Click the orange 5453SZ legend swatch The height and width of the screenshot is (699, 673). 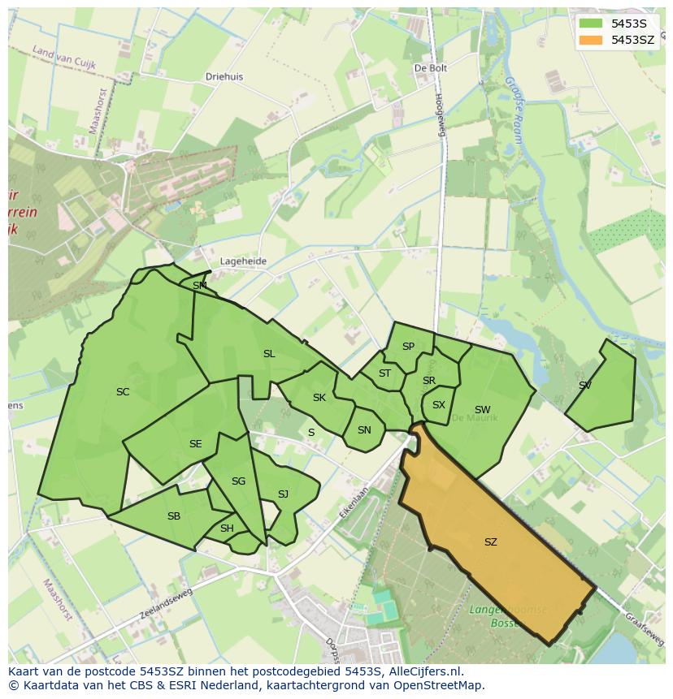point(592,39)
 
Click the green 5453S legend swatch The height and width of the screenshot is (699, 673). point(592,24)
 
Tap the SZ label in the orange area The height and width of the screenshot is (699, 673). point(490,542)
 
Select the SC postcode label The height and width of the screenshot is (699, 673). point(123,392)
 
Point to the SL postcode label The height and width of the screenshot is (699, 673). point(269,354)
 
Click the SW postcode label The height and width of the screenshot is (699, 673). point(483,410)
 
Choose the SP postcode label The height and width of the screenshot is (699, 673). point(408,347)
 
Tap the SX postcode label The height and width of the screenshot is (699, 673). point(439,405)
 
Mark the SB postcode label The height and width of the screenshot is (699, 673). point(174,516)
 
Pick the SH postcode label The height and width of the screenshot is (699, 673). point(227,529)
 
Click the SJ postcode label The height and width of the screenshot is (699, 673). point(283,494)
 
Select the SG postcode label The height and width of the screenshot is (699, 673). point(238,481)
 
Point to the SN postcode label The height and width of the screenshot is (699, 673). point(364,430)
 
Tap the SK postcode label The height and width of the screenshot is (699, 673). point(319,398)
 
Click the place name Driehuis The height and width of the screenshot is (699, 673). point(224,77)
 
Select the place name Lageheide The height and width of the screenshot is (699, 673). point(243,261)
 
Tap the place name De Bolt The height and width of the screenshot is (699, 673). point(431,69)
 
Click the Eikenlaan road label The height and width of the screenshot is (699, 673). point(355,503)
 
